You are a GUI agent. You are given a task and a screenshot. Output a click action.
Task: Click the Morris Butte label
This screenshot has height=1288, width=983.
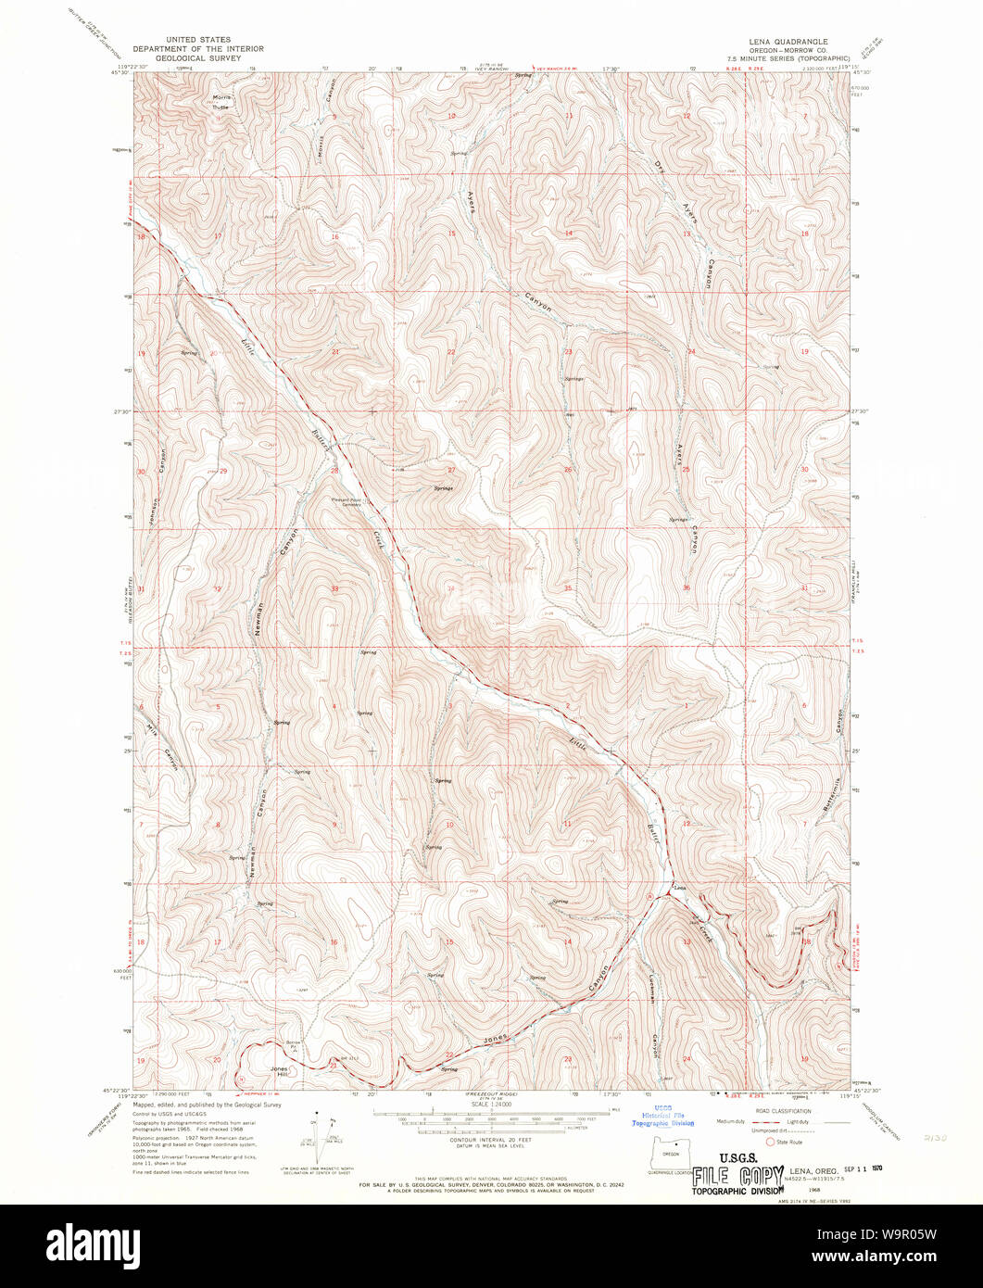coord(221,102)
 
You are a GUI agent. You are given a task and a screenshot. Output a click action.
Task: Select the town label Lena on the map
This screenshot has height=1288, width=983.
coord(679,887)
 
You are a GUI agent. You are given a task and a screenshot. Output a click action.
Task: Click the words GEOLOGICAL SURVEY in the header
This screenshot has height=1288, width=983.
coord(197,57)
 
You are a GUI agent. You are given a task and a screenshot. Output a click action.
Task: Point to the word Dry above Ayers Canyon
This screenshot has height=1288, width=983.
coord(660,167)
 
